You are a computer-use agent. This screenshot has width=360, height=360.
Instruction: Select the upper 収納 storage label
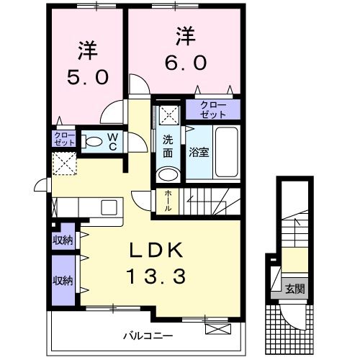(x=63, y=240)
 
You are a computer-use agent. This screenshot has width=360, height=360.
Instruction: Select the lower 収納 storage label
(x=63, y=280)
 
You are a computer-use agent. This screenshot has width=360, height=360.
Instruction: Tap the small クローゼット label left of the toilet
(x=63, y=138)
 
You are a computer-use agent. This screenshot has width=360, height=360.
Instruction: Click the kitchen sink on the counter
(x=109, y=207)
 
